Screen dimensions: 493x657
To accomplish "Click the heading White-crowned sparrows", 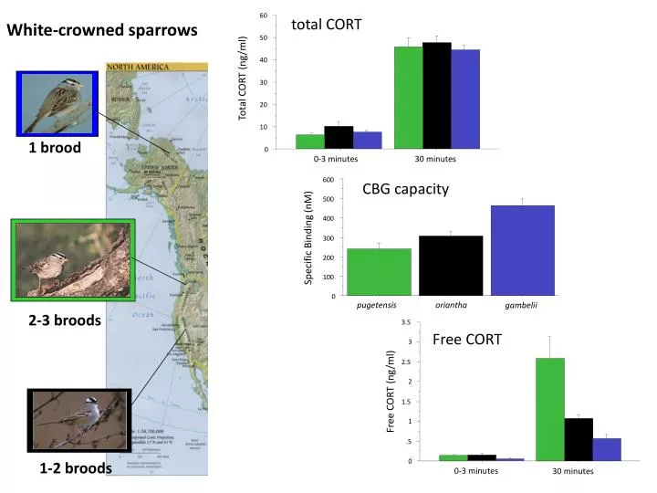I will pos(103,30).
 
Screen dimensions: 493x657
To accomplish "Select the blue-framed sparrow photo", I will pos(57,102).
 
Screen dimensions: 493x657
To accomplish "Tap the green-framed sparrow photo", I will pos(73,260).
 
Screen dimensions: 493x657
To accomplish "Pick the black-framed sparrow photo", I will pos(80,421).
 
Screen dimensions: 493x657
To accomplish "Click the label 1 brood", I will pos(54,147).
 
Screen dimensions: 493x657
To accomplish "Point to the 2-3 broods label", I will pos(65,320).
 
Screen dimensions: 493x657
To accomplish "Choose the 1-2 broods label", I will pos(76,468).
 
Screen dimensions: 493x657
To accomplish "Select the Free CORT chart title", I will pos(467,340).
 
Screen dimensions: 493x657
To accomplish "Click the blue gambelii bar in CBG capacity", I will pos(522,250).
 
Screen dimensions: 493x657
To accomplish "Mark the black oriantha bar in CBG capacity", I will pos(451,266).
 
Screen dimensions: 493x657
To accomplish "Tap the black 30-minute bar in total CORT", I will pos(436,95).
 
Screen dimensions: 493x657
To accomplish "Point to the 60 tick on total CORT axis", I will pos(263,16).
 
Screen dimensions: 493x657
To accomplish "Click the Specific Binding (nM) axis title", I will pos(308,237).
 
